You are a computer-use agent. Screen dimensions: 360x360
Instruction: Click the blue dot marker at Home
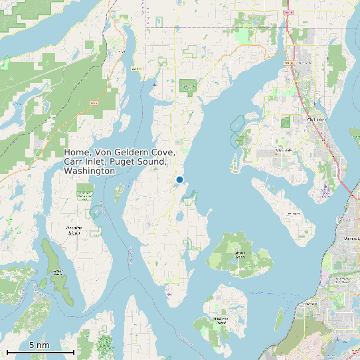pyautogui.click(x=179, y=179)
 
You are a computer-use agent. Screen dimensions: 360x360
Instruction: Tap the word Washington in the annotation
pyautogui.click(x=89, y=171)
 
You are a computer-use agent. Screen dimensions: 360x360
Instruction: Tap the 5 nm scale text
pyautogui.click(x=39, y=345)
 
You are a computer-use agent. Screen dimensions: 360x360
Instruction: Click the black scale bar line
pyautogui.click(x=40, y=351)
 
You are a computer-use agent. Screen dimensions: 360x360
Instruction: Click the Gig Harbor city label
pyautogui.click(x=314, y=120)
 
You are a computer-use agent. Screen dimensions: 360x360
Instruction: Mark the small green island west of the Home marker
pyautogui.click(x=120, y=193)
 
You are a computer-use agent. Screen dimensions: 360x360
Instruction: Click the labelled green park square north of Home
pyautogui.click(x=188, y=86)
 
